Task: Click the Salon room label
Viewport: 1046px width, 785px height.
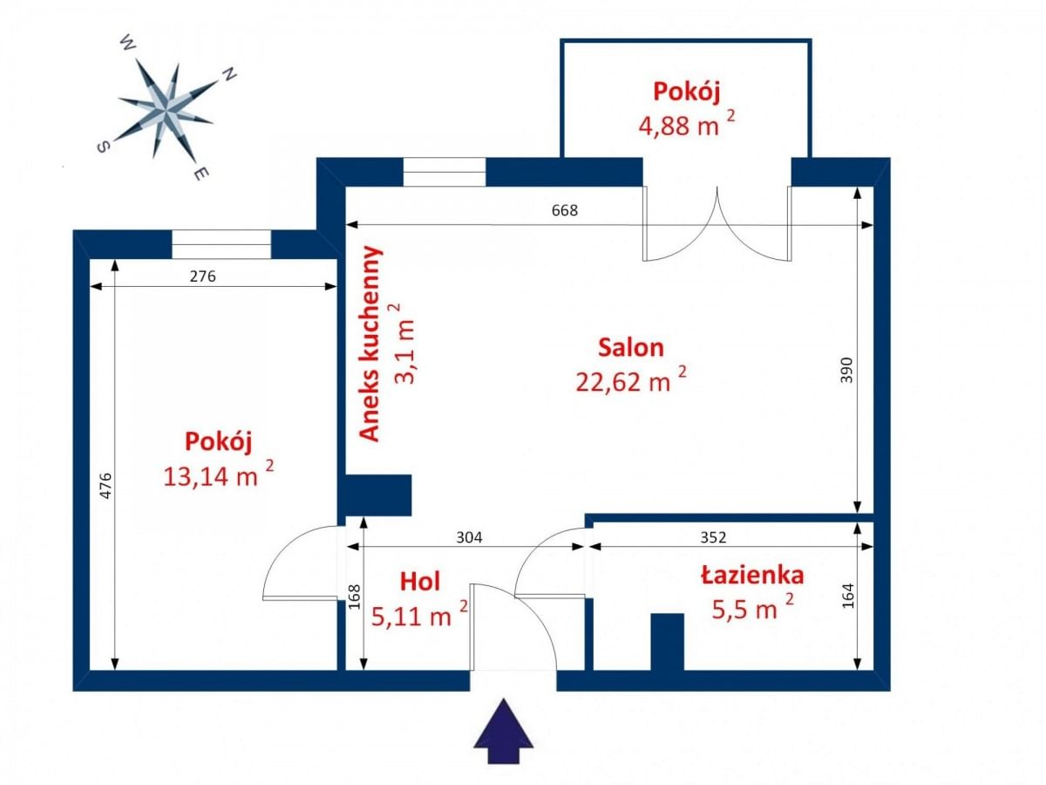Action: click(x=630, y=347)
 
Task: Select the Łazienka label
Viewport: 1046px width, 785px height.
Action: click(x=752, y=575)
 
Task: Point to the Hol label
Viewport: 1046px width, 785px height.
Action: click(x=419, y=582)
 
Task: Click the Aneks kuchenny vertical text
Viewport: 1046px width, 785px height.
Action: click(x=371, y=344)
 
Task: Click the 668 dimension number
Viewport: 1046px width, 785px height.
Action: click(x=565, y=210)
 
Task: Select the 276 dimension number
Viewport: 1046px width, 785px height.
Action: click(x=202, y=276)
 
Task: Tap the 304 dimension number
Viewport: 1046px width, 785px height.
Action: click(x=469, y=537)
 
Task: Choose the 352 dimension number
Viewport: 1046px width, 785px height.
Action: click(x=712, y=537)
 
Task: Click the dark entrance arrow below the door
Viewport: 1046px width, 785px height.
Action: click(x=503, y=726)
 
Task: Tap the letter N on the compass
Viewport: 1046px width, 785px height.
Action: click(x=229, y=75)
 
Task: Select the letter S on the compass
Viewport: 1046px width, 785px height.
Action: click(x=102, y=147)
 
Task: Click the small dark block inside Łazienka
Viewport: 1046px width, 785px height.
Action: click(x=668, y=642)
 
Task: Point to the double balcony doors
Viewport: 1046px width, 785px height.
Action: click(x=717, y=223)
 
